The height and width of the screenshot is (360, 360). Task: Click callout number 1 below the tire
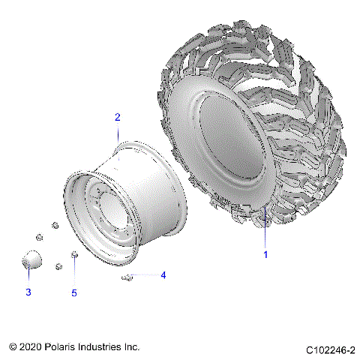coord(265,254)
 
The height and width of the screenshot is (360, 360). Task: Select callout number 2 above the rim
coord(117,117)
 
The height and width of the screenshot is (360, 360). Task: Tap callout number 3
coord(28,292)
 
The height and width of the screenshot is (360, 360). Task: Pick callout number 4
coord(163,275)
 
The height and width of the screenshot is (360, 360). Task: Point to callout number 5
coord(74,292)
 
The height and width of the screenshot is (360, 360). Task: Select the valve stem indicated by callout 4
coord(127,278)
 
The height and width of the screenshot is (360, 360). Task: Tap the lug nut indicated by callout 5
coord(74,257)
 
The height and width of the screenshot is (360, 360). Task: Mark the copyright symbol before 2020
coord(13,347)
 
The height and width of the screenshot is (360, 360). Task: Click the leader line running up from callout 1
coord(265,229)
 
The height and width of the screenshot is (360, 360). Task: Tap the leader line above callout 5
coord(74,274)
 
